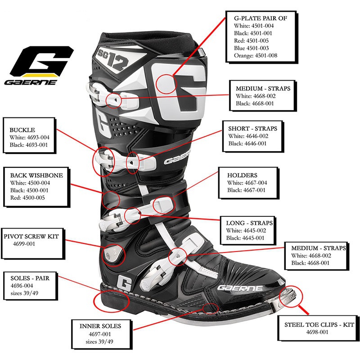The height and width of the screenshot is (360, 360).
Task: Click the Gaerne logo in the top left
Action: pos(39,66)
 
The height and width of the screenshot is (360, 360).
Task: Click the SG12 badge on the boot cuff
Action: pos(112,59)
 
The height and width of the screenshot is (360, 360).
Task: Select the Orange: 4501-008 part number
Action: pos(256,55)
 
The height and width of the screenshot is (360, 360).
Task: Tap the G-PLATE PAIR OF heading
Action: pos(261,18)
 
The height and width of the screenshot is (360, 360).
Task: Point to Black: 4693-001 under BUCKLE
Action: pos(29,145)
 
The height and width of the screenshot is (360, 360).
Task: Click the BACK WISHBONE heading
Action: pos(36,175)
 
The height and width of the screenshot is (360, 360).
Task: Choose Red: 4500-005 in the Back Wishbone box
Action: pos(27,198)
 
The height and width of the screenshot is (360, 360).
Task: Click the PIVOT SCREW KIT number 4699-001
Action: pos(24,244)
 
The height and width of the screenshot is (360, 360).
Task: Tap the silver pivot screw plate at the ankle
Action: pos(111,253)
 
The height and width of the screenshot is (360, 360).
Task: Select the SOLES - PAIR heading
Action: pos(30,278)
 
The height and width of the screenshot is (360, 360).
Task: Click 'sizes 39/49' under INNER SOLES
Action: pos(99,342)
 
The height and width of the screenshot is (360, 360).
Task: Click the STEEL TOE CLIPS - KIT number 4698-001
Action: pos(317,332)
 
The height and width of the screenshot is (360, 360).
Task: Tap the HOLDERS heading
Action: pos(242,175)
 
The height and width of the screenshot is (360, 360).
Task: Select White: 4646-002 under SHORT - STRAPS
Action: pos(248,136)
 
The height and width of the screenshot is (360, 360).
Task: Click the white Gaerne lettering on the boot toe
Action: pos(240,288)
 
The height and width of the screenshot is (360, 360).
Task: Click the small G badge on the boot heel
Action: pos(124,282)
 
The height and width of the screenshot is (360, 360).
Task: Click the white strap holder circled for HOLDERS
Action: pos(163,205)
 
